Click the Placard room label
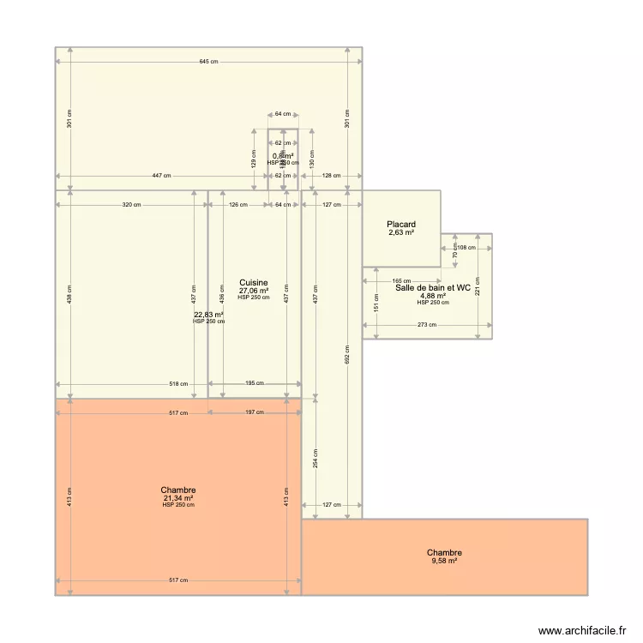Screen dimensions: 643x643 point(401,225)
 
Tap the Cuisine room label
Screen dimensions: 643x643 point(254,282)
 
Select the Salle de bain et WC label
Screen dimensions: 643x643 point(433,288)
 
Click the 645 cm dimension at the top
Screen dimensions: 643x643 point(208,62)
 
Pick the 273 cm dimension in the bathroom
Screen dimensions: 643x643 point(427,325)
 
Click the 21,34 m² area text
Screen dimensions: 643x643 point(178,497)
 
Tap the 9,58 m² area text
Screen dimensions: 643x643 point(444,561)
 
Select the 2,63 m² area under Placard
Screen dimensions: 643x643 point(401,232)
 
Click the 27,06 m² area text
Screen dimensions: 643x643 point(254,291)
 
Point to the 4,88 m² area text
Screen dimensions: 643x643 point(433,296)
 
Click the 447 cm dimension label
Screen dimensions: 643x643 point(161,176)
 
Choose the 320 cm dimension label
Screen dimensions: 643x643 point(131,205)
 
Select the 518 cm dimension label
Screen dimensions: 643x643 point(178,384)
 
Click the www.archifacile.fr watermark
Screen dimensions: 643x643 point(582,630)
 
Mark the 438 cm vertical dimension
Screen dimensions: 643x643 point(70,294)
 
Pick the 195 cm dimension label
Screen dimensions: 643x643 point(255,384)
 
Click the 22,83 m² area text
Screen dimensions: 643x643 point(208,315)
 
